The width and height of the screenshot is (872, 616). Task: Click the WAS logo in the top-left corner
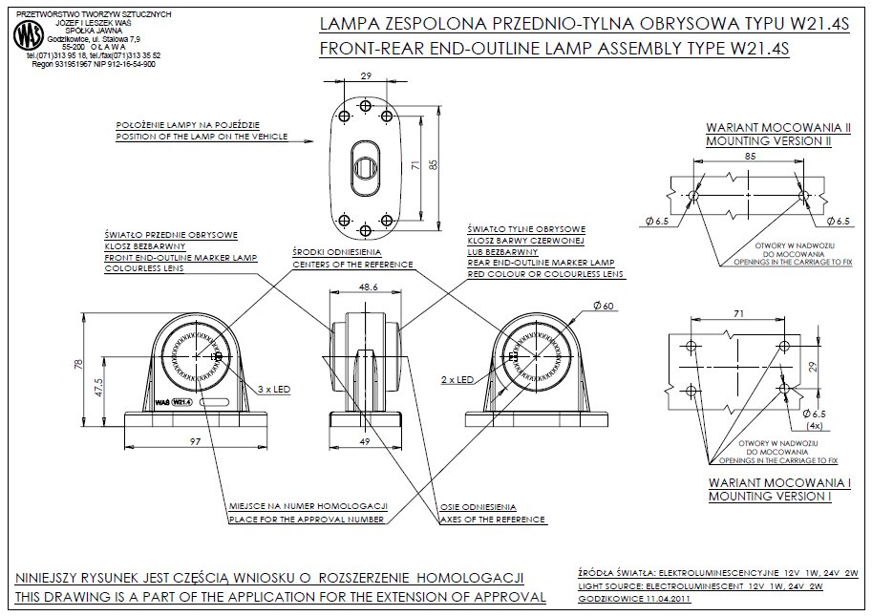click(27, 37)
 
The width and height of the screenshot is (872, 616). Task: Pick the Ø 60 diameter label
click(603, 305)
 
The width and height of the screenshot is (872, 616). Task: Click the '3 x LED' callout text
click(274, 389)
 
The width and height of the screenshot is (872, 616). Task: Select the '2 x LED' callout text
click(458, 379)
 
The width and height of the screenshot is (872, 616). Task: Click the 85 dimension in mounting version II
click(749, 155)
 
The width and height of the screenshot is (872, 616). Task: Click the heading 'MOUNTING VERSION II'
click(768, 140)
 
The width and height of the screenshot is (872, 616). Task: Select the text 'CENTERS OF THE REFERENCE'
click(352, 264)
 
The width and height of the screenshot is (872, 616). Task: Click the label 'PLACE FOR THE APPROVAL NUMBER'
click(307, 520)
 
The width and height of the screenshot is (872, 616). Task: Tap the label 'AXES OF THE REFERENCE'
click(493, 520)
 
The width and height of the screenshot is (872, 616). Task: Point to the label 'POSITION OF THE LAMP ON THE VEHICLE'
click(202, 138)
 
